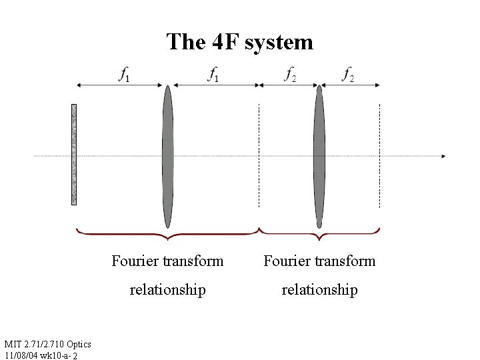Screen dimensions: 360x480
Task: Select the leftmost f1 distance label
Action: click(x=124, y=76)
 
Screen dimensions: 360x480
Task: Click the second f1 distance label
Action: click(x=213, y=76)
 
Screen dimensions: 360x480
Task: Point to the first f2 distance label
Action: click(x=290, y=76)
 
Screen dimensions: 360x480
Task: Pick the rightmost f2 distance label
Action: click(x=348, y=76)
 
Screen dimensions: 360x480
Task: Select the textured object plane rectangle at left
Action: click(x=74, y=154)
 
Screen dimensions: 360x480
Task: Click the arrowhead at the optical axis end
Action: click(x=442, y=157)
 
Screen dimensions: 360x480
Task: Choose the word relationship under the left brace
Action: click(x=168, y=290)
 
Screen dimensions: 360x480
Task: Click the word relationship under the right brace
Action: click(x=319, y=290)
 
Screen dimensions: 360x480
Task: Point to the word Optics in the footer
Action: click(x=78, y=343)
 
